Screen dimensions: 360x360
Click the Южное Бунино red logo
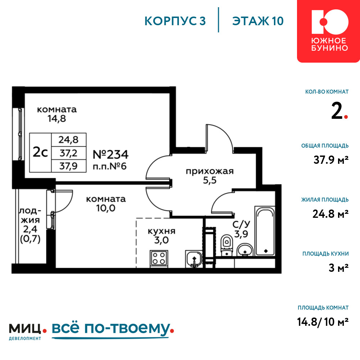pyautogui.click(x=329, y=31)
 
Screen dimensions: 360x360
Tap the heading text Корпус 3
pyautogui.click(x=175, y=21)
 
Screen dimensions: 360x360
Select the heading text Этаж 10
pyautogui.click(x=258, y=21)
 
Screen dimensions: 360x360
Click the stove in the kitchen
pyautogui.click(x=159, y=259)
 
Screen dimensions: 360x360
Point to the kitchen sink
pyautogui.click(x=194, y=259)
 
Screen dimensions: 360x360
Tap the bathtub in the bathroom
pyautogui.click(x=265, y=231)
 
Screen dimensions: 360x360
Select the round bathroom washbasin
pyautogui.click(x=245, y=250)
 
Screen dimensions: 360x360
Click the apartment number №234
pyautogui.click(x=111, y=154)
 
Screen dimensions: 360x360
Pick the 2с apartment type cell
pyautogui.click(x=40, y=152)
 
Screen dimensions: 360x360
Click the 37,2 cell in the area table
pyautogui.click(x=69, y=153)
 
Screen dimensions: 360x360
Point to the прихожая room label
pyautogui.click(x=210, y=171)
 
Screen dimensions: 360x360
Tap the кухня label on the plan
pyautogui.click(x=161, y=231)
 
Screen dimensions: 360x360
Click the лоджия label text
pyautogui.click(x=30, y=215)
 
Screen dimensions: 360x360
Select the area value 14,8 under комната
pyautogui.click(x=57, y=118)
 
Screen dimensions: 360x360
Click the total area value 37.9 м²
pyautogui.click(x=331, y=159)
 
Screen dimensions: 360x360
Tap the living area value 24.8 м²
pyautogui.click(x=330, y=214)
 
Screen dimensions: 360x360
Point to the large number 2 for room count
pyautogui.click(x=337, y=111)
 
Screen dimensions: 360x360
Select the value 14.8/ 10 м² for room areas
pyautogui.click(x=323, y=321)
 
